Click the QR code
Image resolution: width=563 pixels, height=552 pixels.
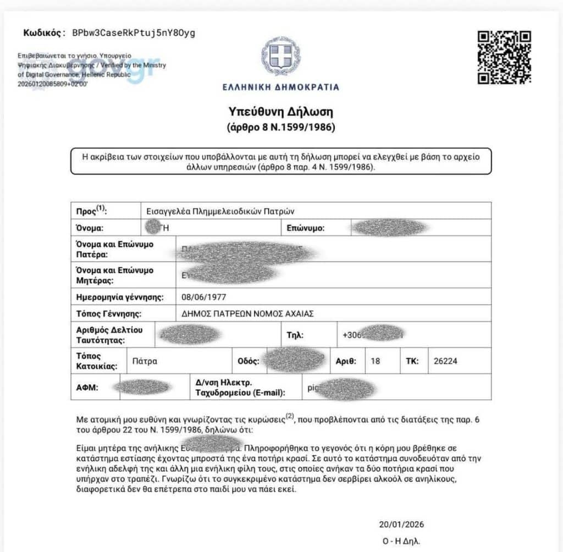[504, 58]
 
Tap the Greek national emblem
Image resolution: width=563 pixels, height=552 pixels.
[280, 57]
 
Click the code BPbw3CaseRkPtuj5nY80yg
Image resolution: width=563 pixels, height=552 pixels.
[134, 32]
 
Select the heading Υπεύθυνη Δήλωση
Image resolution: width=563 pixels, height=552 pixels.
[281, 112]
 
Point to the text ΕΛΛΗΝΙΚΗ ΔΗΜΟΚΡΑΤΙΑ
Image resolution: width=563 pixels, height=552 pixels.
[281, 87]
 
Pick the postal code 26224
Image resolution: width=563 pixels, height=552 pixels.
[445, 361]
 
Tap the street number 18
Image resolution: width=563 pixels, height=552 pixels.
[376, 361]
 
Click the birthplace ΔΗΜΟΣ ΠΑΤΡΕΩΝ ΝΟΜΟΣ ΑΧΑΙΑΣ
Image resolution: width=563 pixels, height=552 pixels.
[247, 314]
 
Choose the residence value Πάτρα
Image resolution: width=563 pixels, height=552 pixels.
[145, 361]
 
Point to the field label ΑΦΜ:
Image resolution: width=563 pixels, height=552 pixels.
[87, 388]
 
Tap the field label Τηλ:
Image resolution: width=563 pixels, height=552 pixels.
[295, 334]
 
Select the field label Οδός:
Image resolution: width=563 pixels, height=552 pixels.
[248, 361]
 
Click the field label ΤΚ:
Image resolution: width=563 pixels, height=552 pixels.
[412, 361]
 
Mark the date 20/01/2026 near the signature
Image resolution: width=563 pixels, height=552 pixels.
[401, 524]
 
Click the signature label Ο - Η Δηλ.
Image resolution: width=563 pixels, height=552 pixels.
[402, 540]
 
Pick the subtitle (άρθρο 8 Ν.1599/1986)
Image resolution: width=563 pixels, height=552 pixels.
[281, 128]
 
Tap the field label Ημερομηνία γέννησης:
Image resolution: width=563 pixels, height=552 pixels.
[120, 297]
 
